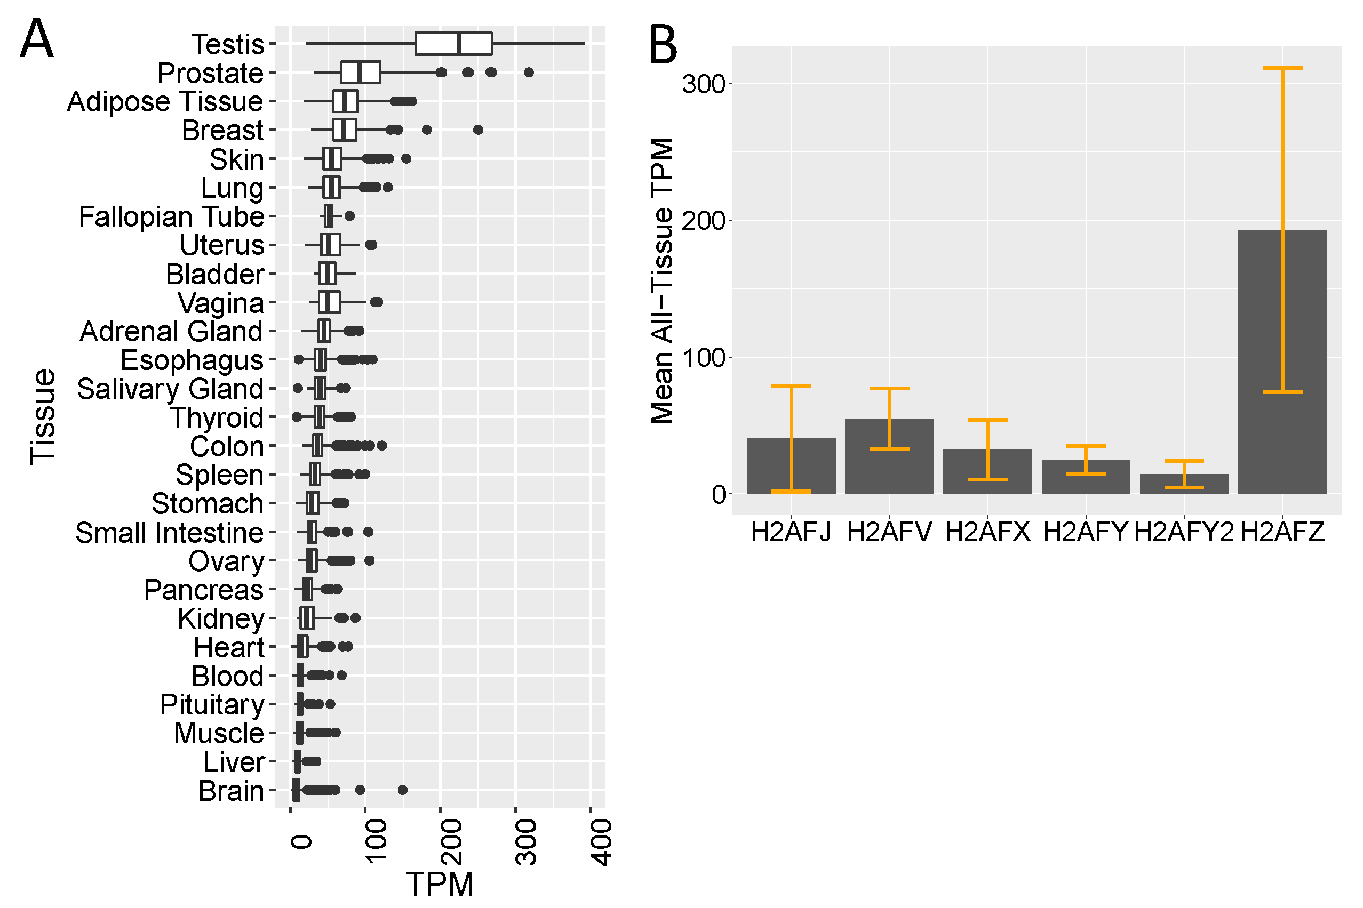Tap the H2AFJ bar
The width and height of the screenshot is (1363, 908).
[791, 466]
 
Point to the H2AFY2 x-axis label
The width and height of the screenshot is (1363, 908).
[1183, 532]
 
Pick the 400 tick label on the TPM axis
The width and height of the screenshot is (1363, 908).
[601, 842]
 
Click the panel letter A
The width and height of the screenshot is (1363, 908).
[36, 39]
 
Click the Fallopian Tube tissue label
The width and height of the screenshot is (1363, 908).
[171, 217]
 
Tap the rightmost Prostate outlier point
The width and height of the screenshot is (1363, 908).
[528, 73]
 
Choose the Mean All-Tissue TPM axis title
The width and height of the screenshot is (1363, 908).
[661, 281]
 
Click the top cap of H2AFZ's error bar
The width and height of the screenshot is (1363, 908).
[1282, 68]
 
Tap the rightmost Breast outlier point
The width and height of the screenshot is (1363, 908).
[478, 130]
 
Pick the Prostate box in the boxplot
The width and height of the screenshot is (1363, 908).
[360, 73]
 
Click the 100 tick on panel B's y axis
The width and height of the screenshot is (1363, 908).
[703, 358]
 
